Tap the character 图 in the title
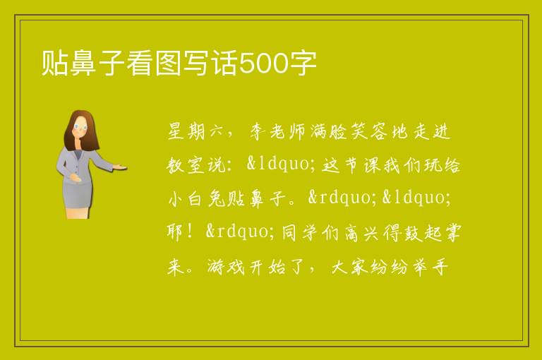pyautogui.click(x=168, y=63)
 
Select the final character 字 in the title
pyautogui.click(x=303, y=63)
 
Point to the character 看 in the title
pyautogui.click(x=139, y=63)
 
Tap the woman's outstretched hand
pyautogui.click(x=119, y=168)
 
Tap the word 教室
pyautogui.click(x=187, y=165)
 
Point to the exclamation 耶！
pyautogui.click(x=181, y=232)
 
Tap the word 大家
pyautogui.click(x=349, y=267)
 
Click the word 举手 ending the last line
pyautogui.click(x=429, y=267)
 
